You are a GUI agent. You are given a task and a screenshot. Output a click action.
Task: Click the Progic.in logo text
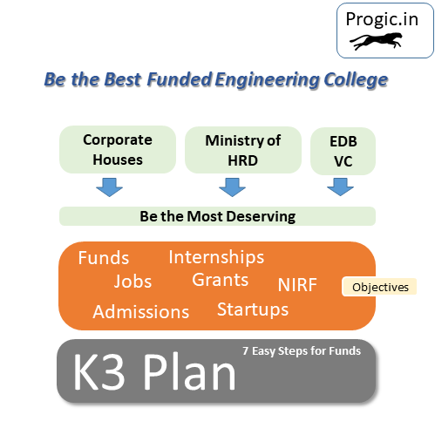(382, 19)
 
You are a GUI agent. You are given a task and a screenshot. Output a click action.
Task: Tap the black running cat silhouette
(376, 41)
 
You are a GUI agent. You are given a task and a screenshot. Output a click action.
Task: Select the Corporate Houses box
(118, 150)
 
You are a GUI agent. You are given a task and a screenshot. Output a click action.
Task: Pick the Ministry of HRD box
(243, 150)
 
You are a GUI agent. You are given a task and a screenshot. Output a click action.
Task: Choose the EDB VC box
(343, 151)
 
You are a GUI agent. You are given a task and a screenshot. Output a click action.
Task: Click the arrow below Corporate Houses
(109, 187)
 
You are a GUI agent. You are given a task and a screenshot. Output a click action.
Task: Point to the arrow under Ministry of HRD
(232, 187)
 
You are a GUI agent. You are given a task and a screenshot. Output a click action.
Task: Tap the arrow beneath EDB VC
(340, 187)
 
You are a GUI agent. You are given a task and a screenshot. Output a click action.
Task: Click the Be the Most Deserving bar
(217, 216)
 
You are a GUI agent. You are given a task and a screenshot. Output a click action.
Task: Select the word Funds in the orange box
(104, 258)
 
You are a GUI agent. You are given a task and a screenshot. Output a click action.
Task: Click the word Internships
(216, 257)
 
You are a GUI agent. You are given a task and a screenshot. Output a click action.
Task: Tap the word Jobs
(133, 281)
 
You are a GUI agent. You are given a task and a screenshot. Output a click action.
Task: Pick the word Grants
(221, 280)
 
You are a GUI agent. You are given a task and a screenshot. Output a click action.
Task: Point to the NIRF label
(297, 285)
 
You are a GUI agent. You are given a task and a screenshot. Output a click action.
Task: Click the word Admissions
(141, 312)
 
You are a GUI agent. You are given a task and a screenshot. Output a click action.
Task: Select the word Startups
(253, 309)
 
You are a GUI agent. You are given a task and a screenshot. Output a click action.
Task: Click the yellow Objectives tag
(379, 287)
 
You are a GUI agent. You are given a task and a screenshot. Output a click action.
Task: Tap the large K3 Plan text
(154, 371)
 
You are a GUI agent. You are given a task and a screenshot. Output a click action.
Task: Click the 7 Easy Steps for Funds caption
(302, 351)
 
